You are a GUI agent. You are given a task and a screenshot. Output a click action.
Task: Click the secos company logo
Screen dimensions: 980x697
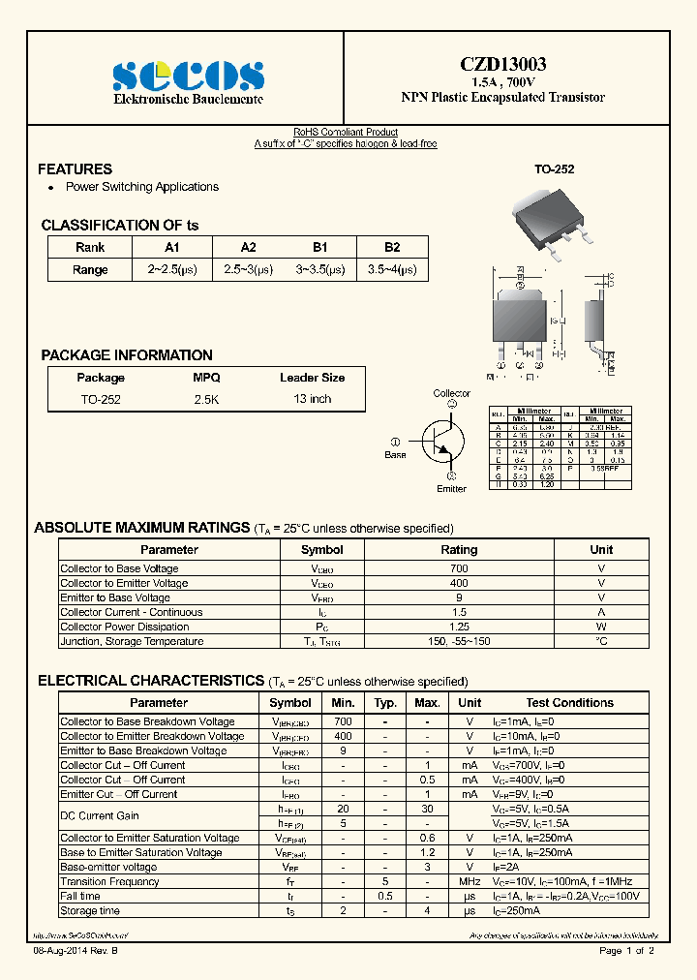(x=189, y=77)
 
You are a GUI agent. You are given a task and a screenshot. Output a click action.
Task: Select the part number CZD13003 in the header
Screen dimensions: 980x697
(x=502, y=65)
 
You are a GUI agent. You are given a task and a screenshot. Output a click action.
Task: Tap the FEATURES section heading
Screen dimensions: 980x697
(x=75, y=168)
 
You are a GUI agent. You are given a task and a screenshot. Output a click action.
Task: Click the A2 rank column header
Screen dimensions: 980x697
(x=248, y=247)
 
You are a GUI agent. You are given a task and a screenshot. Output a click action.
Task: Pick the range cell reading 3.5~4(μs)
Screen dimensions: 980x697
(x=391, y=270)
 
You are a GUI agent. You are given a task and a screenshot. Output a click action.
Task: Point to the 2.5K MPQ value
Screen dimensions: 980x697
(x=206, y=399)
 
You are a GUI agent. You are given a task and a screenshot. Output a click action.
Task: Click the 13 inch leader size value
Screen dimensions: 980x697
(x=312, y=399)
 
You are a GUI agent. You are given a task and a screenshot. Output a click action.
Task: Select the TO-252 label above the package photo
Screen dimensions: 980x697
(x=555, y=169)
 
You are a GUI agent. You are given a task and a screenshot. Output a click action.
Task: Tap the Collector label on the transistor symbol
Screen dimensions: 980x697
(x=451, y=393)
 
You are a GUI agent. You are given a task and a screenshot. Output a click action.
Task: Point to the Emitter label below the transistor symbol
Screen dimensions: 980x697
(x=451, y=489)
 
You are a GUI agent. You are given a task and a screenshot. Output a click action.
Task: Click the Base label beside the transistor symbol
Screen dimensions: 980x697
(x=395, y=454)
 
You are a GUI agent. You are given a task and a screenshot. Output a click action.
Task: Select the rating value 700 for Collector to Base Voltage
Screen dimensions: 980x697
(x=459, y=568)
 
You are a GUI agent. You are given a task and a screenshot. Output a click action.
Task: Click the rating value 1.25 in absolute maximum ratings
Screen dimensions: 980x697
(x=459, y=627)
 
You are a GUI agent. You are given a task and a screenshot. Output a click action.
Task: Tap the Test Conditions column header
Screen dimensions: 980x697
(x=569, y=703)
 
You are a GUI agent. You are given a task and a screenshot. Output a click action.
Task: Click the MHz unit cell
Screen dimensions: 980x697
(x=470, y=882)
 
